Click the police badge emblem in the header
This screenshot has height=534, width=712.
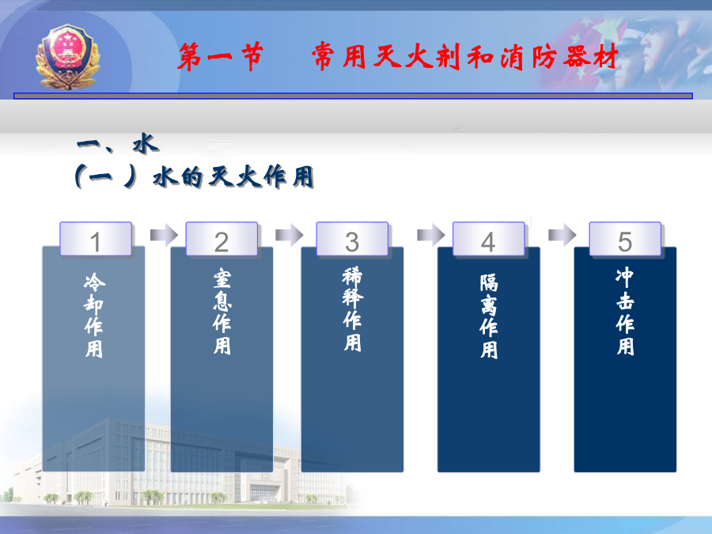click(x=68, y=57)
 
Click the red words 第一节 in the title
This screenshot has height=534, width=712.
click(x=220, y=56)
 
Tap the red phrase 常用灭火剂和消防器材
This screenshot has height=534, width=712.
click(x=465, y=56)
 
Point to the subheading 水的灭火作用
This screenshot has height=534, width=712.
click(x=233, y=176)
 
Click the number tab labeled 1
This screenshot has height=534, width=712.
click(x=96, y=239)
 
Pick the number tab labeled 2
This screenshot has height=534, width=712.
click(x=222, y=239)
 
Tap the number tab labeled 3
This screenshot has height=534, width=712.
click(x=352, y=239)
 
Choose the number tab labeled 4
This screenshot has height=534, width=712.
click(x=489, y=239)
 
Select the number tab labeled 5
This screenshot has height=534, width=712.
click(x=625, y=239)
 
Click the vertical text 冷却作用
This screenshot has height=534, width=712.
click(x=94, y=315)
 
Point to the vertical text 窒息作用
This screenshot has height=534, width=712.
click(x=222, y=312)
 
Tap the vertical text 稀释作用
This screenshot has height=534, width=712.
click(x=352, y=309)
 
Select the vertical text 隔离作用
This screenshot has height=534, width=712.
click(x=489, y=316)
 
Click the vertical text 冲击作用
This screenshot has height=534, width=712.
click(x=625, y=312)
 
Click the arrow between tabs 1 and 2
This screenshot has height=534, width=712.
click(x=164, y=235)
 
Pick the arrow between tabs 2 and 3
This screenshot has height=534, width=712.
click(x=290, y=235)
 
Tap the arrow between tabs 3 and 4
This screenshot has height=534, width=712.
click(x=431, y=235)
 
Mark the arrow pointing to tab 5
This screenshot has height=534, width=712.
click(x=562, y=235)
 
